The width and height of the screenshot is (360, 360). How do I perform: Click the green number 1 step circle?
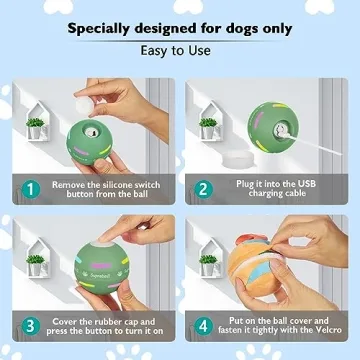tap(31, 187)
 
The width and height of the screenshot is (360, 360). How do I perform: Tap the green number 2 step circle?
tap(204, 187)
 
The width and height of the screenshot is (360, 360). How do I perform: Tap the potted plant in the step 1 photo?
tap(36, 125)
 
